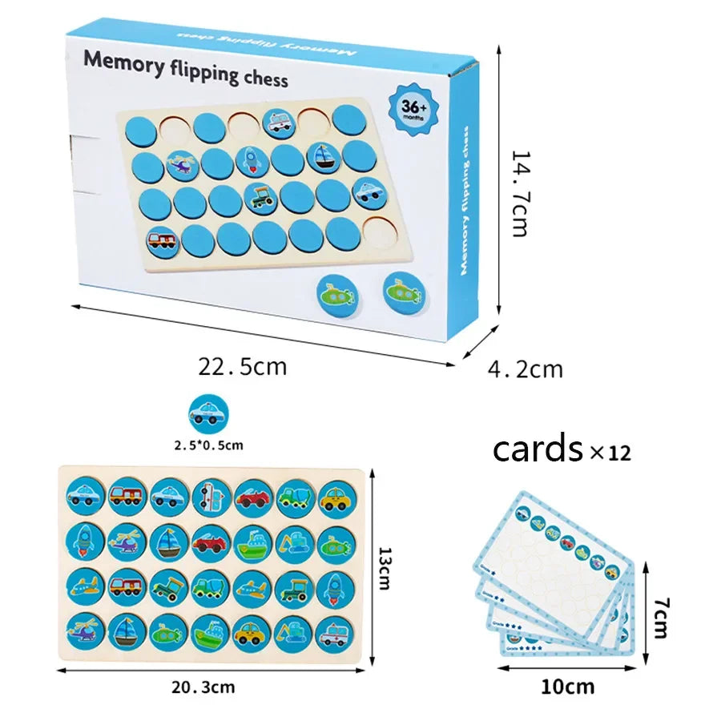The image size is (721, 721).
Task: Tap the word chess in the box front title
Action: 264,79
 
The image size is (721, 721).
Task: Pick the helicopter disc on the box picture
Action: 181,165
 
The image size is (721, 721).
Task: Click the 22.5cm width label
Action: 242,367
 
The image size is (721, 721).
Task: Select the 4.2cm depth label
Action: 526,369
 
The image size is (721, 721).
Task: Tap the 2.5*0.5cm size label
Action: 208,442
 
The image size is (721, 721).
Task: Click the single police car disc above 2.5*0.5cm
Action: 208,413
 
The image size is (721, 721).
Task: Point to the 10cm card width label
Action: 566,687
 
